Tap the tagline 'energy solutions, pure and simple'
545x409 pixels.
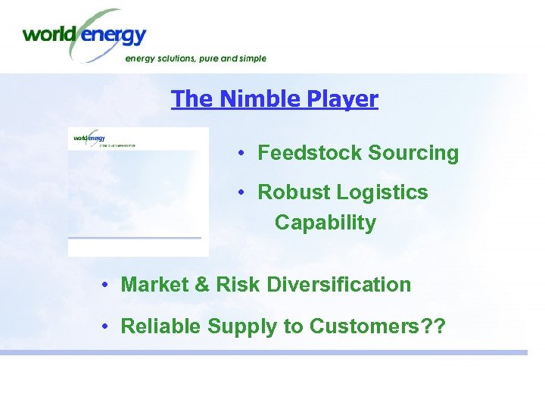point(195,58)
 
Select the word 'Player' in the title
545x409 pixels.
point(343,99)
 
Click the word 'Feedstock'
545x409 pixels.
point(310,153)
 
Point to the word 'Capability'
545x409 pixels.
point(325,223)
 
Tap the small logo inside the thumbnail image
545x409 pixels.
point(89,138)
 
